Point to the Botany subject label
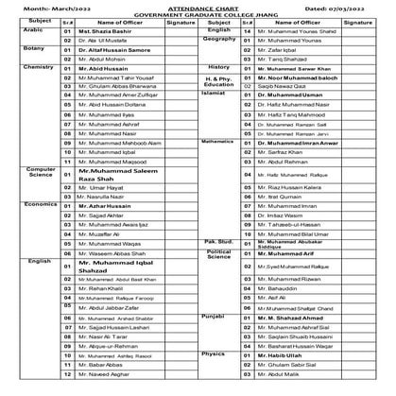16,46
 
